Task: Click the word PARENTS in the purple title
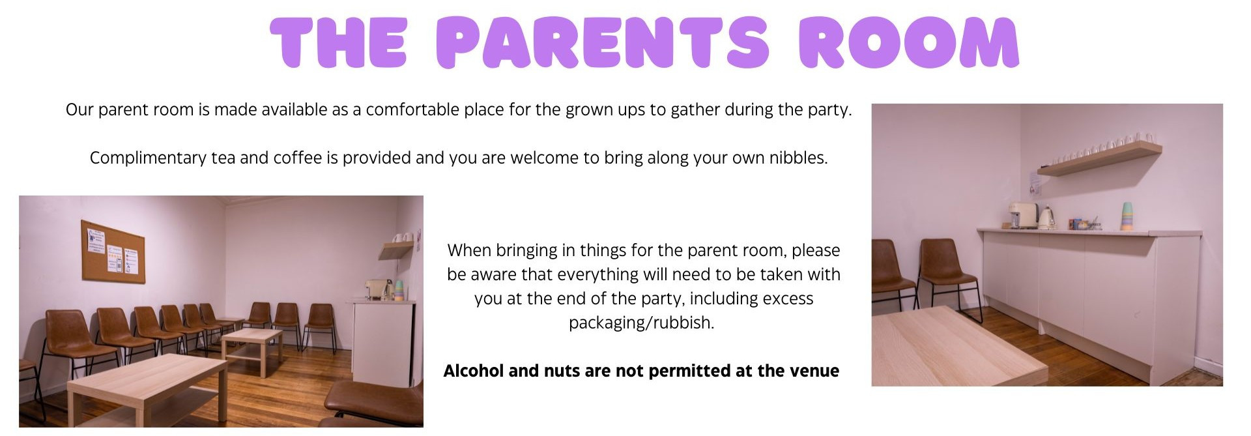pyautogui.click(x=603, y=42)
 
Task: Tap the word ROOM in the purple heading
pyautogui.click(x=909, y=42)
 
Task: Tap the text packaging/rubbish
pyautogui.click(x=641, y=323)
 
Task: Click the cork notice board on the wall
pyautogui.click(x=113, y=252)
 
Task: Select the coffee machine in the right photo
pyautogui.click(x=1023, y=215)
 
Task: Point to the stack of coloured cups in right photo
pyautogui.click(x=1127, y=216)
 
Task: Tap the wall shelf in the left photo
pyautogui.click(x=397, y=249)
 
